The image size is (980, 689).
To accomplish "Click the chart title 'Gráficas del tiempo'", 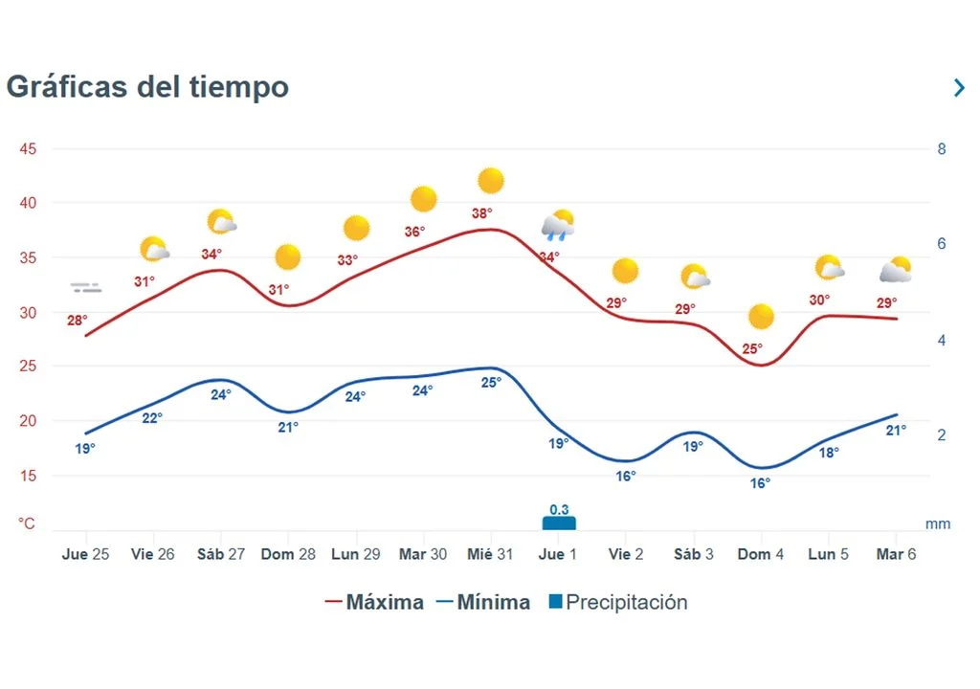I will click(x=147, y=87).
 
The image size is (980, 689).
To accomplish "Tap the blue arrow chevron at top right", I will click(x=959, y=88).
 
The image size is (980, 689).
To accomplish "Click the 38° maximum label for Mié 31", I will click(x=482, y=213).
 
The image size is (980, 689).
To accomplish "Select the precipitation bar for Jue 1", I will click(x=559, y=523).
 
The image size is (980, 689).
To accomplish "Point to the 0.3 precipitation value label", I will click(x=559, y=508).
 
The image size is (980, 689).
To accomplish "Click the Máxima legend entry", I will click(x=374, y=602).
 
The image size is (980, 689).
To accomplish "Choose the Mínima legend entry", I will click(x=483, y=602).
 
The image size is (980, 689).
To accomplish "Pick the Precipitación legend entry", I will click(x=617, y=602).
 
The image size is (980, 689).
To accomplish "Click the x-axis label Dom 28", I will click(x=288, y=554).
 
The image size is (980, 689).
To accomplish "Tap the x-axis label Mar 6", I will click(x=897, y=554).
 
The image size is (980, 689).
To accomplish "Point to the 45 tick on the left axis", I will click(x=28, y=149).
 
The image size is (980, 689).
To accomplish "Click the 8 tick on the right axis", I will click(x=942, y=149).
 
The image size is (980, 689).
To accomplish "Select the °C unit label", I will click(x=27, y=523).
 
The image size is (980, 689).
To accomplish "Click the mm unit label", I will click(x=938, y=524).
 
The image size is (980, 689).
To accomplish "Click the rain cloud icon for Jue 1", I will click(x=558, y=227).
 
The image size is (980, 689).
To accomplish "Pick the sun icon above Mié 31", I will click(x=491, y=180).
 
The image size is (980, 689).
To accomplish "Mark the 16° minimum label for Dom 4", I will click(x=760, y=483).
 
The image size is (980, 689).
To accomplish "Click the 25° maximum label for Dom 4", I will click(x=752, y=348).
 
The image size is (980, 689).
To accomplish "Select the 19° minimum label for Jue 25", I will click(x=85, y=447).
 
